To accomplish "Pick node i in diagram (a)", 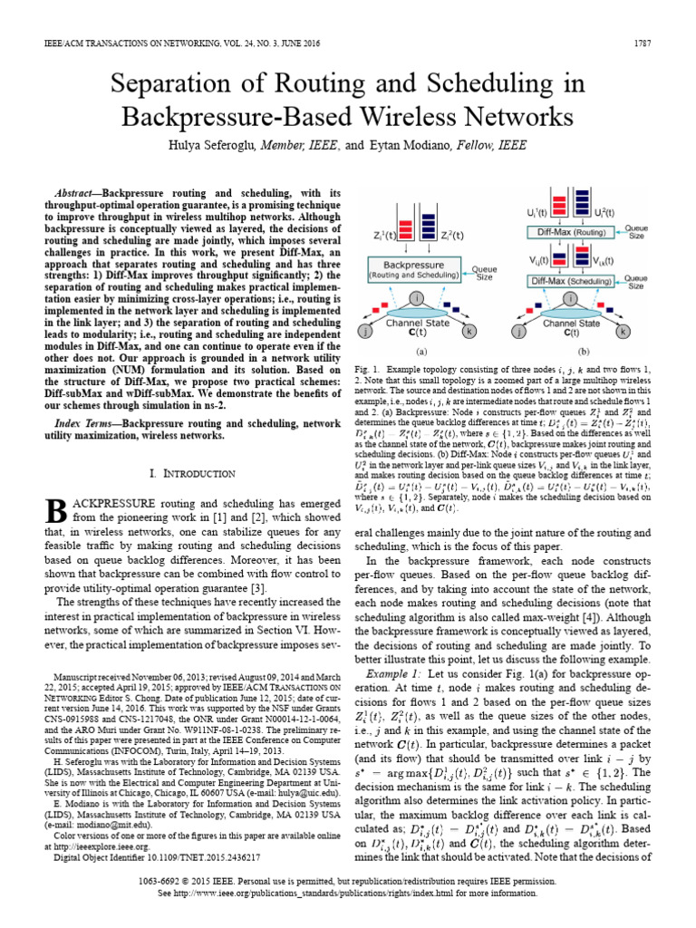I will coord(416,300).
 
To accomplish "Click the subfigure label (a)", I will coord(421,350).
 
